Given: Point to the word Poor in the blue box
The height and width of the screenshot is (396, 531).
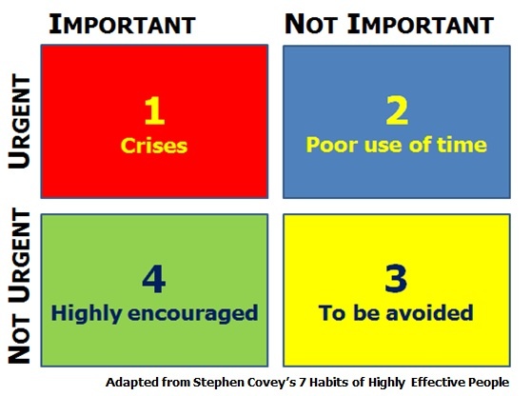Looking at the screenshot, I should tap(327, 146).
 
